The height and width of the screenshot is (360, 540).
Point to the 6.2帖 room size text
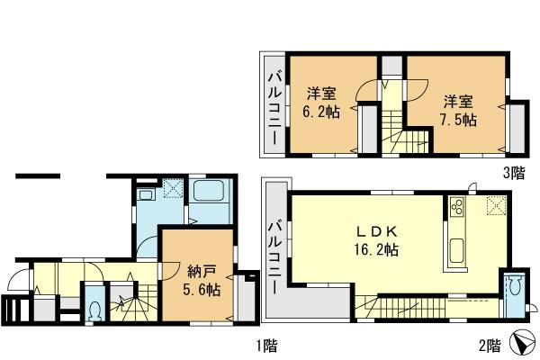320,112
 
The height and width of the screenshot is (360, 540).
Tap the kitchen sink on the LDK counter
454,251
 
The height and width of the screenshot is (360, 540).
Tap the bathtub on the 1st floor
213,193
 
